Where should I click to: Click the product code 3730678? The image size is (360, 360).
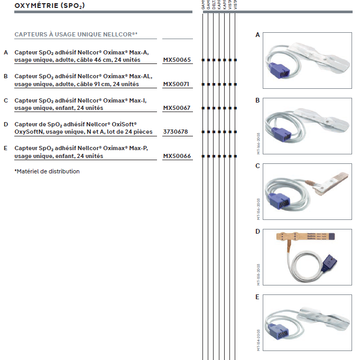[175, 132]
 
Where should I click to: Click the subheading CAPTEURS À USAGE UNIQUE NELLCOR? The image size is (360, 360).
[76, 34]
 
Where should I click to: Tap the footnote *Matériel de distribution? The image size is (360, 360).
[47, 171]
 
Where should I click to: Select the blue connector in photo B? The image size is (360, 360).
[280, 135]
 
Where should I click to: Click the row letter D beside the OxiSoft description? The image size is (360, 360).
[6, 124]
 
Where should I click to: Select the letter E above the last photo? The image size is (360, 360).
[257, 297]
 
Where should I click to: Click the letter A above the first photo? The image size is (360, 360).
[257, 35]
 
